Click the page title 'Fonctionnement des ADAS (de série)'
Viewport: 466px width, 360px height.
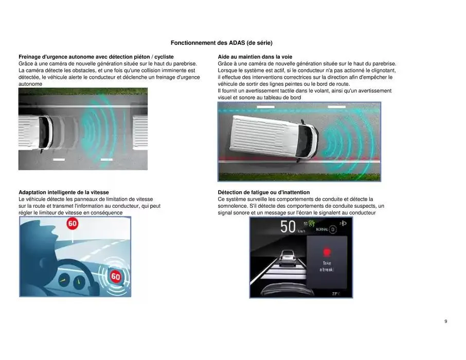(222, 43)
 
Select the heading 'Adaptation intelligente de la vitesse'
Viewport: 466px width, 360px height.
(64, 192)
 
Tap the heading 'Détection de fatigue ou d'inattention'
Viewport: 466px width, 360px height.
(264, 192)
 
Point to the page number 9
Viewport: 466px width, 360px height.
(445, 321)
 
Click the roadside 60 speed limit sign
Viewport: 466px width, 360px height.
(73, 224)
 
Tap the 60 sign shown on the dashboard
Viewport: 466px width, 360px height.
(115, 277)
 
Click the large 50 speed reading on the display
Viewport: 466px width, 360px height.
(288, 227)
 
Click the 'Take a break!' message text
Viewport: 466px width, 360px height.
(326, 266)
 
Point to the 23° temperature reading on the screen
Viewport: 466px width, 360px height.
(335, 293)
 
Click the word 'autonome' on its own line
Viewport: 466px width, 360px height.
(30, 83)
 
